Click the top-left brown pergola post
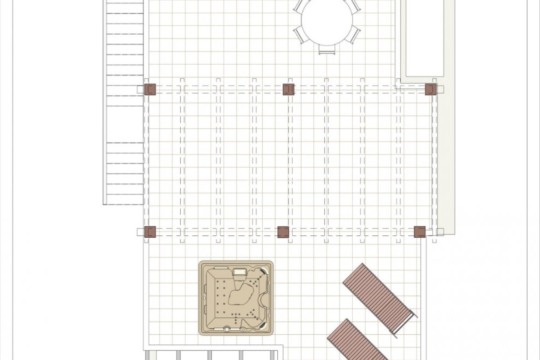point(150,89)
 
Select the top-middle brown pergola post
point(289,89)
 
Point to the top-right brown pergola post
point(431,89)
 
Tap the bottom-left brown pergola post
point(150,232)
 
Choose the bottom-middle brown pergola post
point(283,232)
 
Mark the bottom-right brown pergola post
point(420,232)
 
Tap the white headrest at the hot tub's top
point(240,272)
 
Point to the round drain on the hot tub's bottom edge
point(227,329)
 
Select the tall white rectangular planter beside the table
point(425,38)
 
